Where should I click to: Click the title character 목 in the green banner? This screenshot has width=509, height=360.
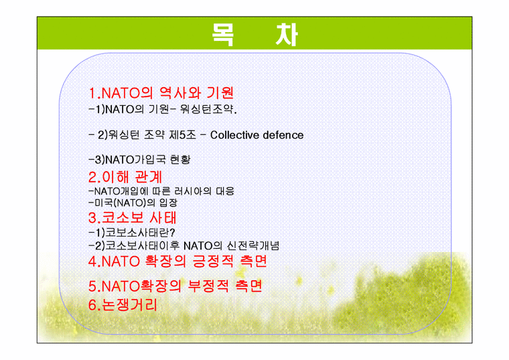pyautogui.click(x=223, y=34)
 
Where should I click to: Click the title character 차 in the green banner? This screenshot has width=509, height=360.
pyautogui.click(x=287, y=34)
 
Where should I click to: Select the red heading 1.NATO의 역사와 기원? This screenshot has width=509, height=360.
pyautogui.click(x=161, y=93)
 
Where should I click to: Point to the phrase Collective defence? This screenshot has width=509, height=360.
pyautogui.click(x=257, y=135)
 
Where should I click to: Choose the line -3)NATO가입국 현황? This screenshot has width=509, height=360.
pyautogui.click(x=139, y=160)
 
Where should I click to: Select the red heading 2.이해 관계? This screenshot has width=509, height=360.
pyautogui.click(x=125, y=177)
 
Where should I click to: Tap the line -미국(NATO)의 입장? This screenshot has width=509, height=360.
pyautogui.click(x=133, y=202)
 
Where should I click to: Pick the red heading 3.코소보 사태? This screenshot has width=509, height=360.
pyautogui.click(x=132, y=217)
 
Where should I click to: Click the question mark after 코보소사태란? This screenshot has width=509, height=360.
pyautogui.click(x=172, y=233)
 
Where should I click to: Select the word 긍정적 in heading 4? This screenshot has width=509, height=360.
pyautogui.click(x=213, y=261)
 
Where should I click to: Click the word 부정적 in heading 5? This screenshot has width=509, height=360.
pyautogui.click(x=208, y=286)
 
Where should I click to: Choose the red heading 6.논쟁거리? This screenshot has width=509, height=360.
pyautogui.click(x=123, y=305)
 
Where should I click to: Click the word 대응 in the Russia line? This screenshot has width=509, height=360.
pyautogui.click(x=225, y=190)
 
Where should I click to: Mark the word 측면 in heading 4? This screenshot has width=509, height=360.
pyautogui.click(x=253, y=261)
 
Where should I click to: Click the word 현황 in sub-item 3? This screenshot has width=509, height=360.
pyautogui.click(x=180, y=160)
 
